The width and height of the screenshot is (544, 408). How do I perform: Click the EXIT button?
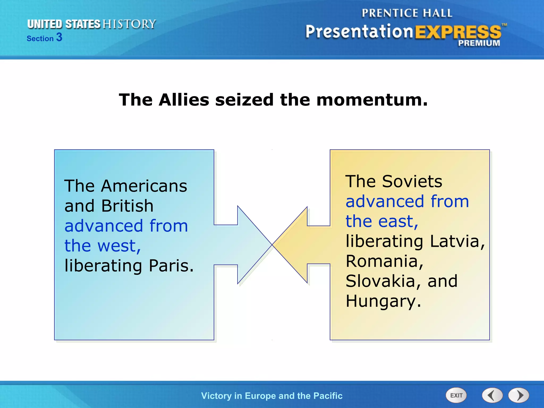456,395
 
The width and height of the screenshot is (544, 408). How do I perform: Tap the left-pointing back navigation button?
492,395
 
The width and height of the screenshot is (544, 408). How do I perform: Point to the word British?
127,206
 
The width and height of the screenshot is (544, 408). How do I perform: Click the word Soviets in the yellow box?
412,181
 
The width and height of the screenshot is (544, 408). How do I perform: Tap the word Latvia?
457,241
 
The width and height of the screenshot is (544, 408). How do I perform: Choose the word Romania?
384,261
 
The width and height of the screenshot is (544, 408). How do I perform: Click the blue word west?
118,246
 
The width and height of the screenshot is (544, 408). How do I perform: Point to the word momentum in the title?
372,100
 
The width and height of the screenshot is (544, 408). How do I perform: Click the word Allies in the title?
184,100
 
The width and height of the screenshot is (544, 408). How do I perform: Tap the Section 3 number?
59,37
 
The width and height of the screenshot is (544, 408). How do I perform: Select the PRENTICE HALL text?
407,13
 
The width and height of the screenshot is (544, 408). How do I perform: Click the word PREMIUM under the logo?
479,43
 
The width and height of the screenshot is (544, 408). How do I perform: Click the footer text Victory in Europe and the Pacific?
272,396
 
